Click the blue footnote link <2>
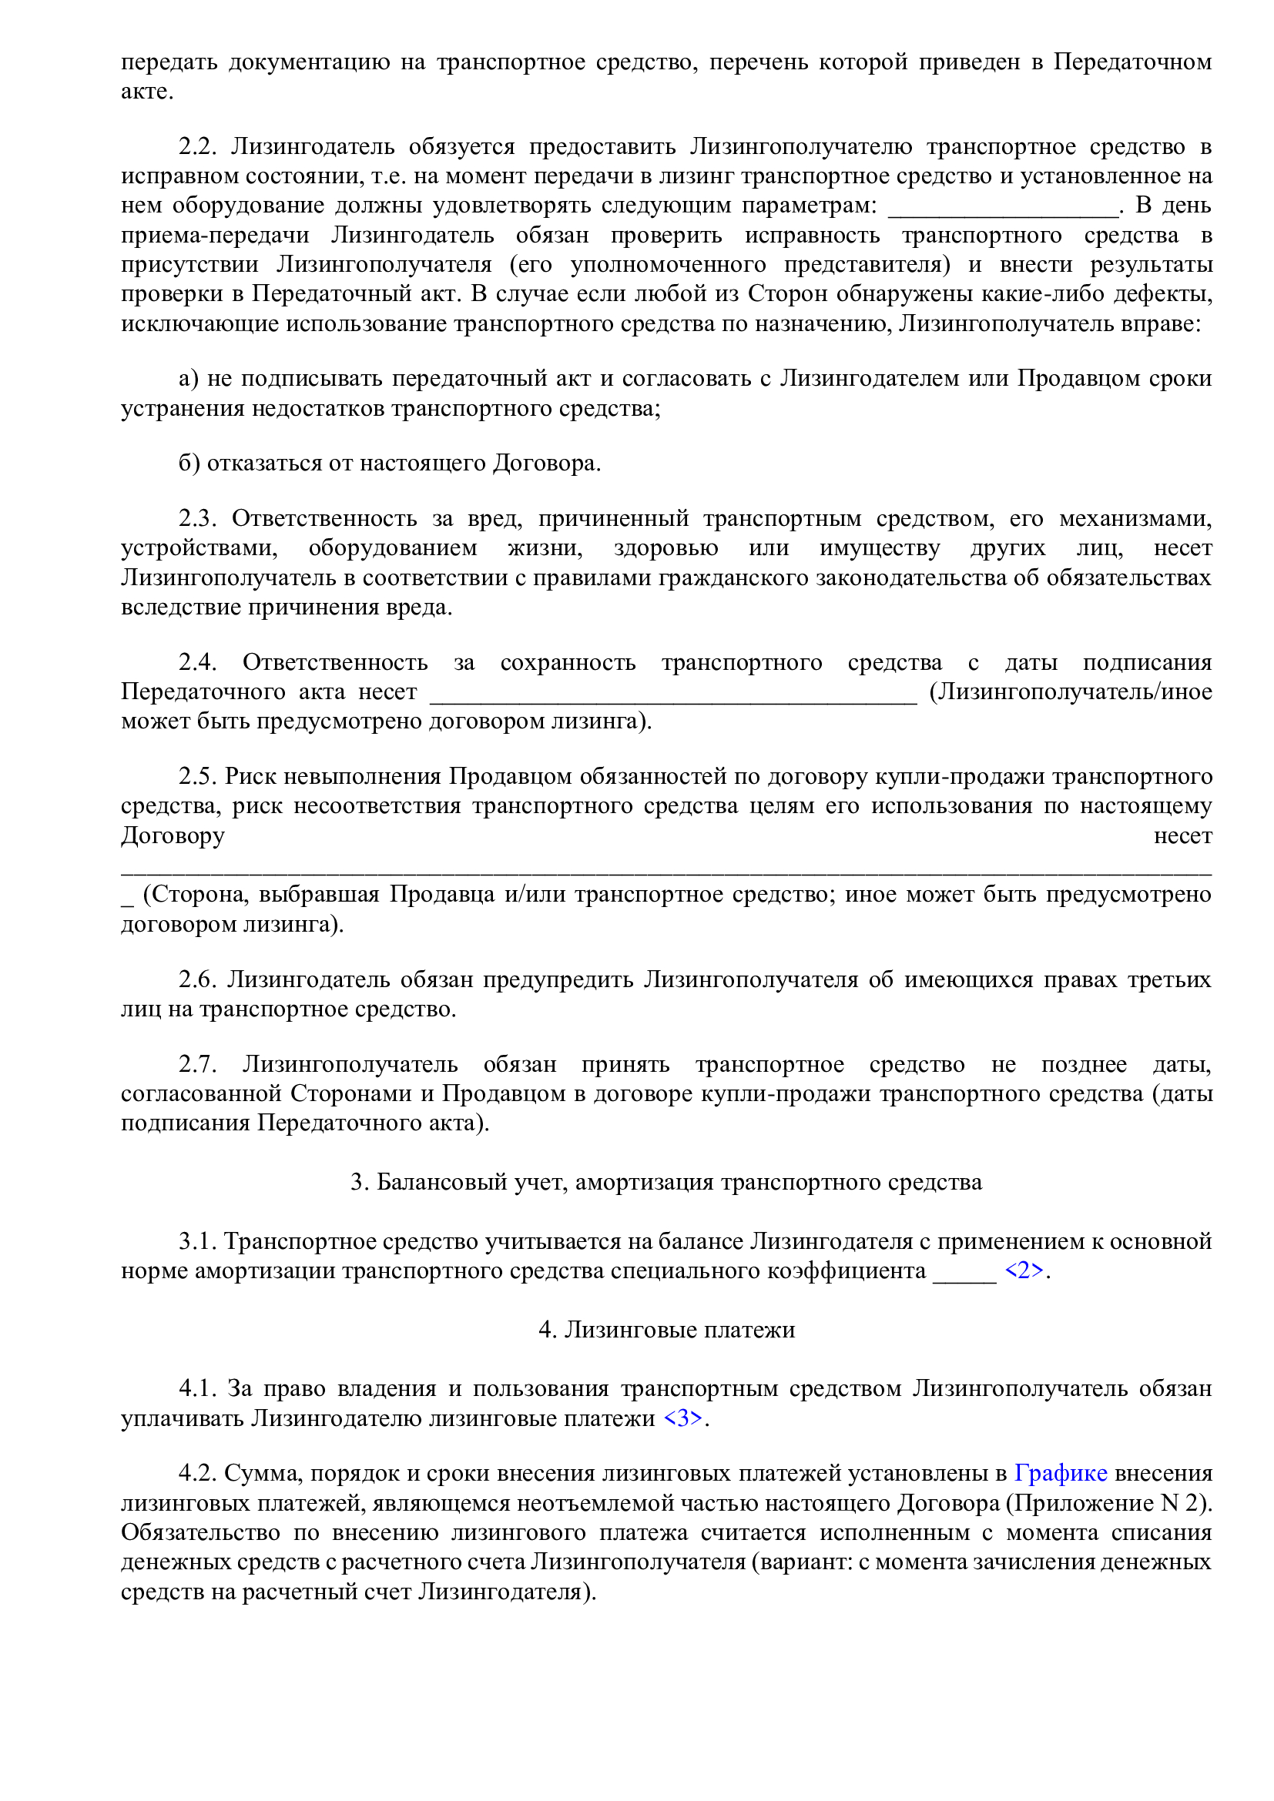[1024, 1270]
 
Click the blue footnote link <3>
[682, 1418]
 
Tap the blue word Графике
[1060, 1473]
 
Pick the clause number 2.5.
[198, 776]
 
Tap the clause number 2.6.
[198, 979]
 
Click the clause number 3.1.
[198, 1241]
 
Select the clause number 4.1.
[198, 1388]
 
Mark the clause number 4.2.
[198, 1473]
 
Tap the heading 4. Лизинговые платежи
[666, 1330]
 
